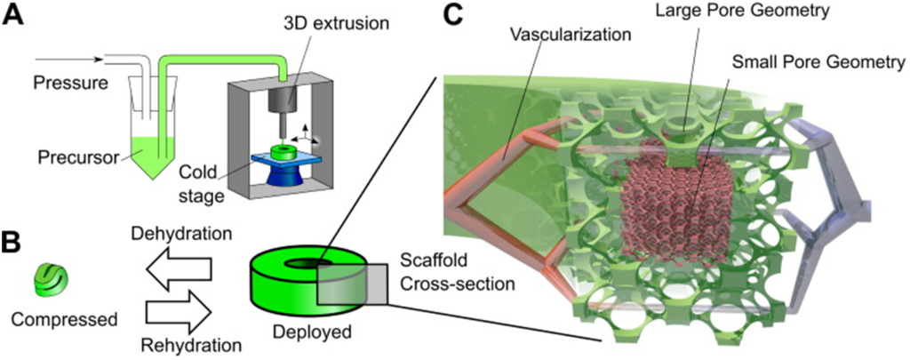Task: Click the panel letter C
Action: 452,16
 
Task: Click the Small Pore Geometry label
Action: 818,63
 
